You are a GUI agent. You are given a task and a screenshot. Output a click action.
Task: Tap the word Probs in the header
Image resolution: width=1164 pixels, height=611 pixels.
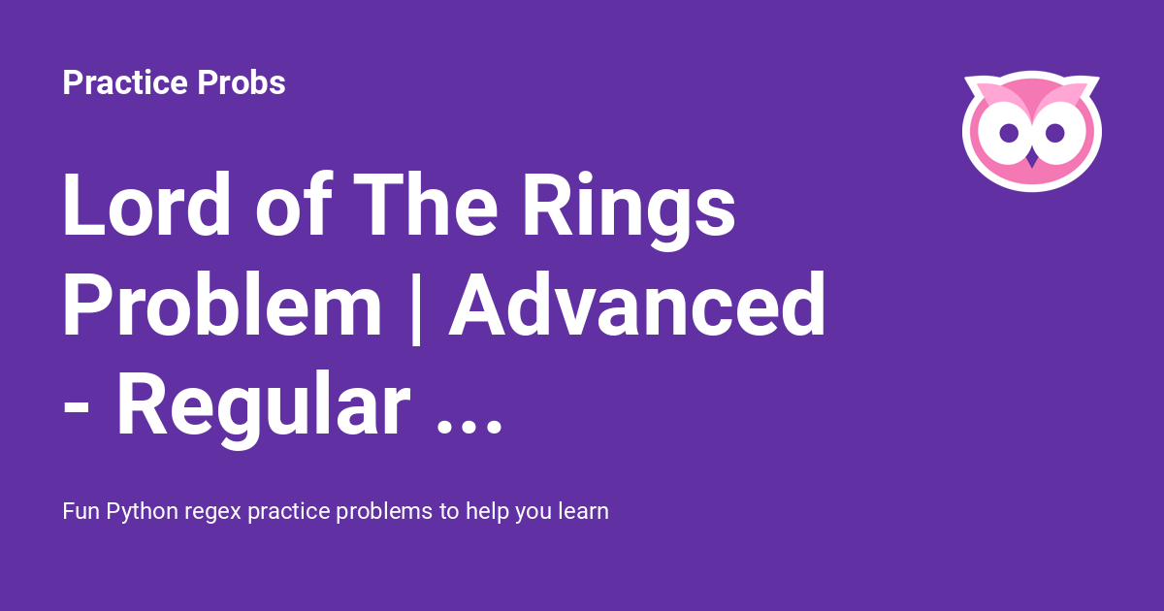point(242,82)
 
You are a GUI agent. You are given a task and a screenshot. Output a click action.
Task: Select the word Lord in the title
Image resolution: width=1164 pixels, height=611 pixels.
point(146,205)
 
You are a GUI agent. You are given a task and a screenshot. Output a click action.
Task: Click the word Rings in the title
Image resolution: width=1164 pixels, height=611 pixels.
point(629,211)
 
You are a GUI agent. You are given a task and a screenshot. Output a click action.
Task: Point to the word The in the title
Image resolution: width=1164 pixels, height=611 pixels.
point(425,205)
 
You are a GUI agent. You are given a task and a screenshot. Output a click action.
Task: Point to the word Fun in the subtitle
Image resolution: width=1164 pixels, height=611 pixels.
point(81,511)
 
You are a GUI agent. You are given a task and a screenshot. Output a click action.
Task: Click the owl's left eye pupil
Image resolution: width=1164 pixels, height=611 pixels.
point(1009,133)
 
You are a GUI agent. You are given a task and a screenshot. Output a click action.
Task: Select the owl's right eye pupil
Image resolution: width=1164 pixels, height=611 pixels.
point(1055,133)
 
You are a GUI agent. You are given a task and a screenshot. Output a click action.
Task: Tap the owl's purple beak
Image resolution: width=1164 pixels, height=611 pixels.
point(1032,160)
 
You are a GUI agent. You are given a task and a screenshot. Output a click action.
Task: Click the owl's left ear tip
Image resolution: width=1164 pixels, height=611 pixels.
point(966,79)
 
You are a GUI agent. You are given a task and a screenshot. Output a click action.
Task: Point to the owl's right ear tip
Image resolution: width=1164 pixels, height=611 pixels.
point(1097,79)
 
